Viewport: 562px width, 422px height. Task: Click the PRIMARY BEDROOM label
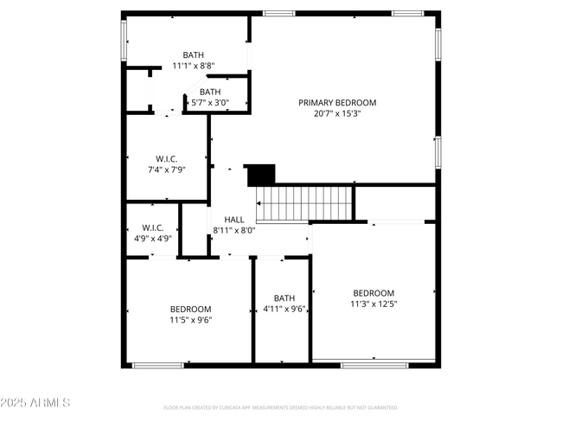(x=337, y=102)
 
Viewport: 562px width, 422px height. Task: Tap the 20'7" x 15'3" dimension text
(x=337, y=113)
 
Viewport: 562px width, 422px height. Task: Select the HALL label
(x=233, y=220)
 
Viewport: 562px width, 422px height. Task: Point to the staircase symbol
(x=305, y=203)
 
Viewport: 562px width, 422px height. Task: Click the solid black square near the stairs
(x=260, y=175)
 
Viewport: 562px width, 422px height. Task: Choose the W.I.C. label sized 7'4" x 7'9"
(x=167, y=158)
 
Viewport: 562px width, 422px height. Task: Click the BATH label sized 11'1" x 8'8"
(x=193, y=54)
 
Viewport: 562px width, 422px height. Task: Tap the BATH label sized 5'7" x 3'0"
(x=210, y=92)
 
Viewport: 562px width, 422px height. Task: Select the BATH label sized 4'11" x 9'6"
(x=284, y=297)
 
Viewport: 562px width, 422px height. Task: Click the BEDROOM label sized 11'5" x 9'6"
(x=190, y=309)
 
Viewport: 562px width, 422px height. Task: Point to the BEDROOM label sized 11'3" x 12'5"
(x=374, y=293)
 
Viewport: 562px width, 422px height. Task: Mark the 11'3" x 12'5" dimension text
(x=374, y=304)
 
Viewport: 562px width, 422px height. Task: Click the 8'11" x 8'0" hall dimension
(x=234, y=230)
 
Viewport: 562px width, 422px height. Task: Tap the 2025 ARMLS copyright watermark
(x=35, y=403)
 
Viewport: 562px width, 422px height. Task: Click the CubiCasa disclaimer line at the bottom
(x=280, y=407)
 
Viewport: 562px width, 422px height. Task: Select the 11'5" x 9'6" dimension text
(x=190, y=320)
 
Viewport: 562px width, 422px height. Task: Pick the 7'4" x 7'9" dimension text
(x=167, y=169)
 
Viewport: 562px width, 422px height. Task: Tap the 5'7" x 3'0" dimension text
(x=210, y=102)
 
